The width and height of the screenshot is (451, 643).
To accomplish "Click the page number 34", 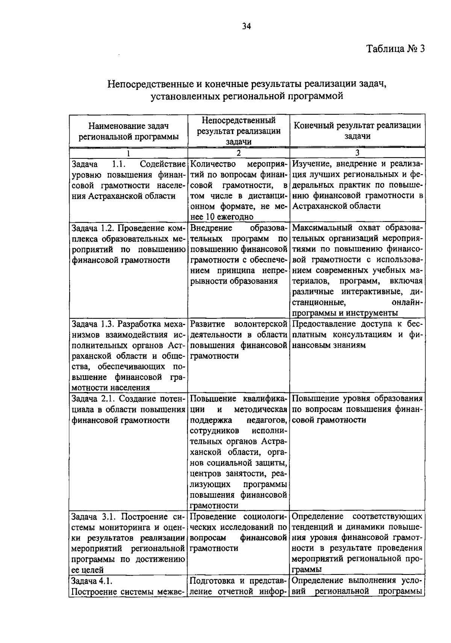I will [x=247, y=26].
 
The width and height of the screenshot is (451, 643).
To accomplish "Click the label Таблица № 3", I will [x=395, y=49].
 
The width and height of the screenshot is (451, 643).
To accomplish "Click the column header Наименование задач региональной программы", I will [x=128, y=131].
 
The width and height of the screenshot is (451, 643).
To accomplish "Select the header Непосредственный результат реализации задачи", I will [x=239, y=131].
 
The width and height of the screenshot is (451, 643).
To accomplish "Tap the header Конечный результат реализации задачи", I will [x=357, y=131].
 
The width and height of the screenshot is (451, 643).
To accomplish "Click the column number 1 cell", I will [x=128, y=153].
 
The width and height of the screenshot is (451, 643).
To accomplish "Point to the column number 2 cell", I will [x=239, y=153].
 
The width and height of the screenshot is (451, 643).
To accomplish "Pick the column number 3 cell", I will [x=357, y=153].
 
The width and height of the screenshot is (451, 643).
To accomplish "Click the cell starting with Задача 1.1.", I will [x=128, y=180].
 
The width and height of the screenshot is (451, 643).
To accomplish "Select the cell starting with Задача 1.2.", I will [x=128, y=244].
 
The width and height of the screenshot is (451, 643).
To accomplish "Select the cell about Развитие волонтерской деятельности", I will [x=239, y=340].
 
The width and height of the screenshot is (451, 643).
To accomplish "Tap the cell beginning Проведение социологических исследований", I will [x=239, y=532].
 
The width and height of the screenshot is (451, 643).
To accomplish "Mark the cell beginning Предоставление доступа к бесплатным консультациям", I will [x=357, y=334].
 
